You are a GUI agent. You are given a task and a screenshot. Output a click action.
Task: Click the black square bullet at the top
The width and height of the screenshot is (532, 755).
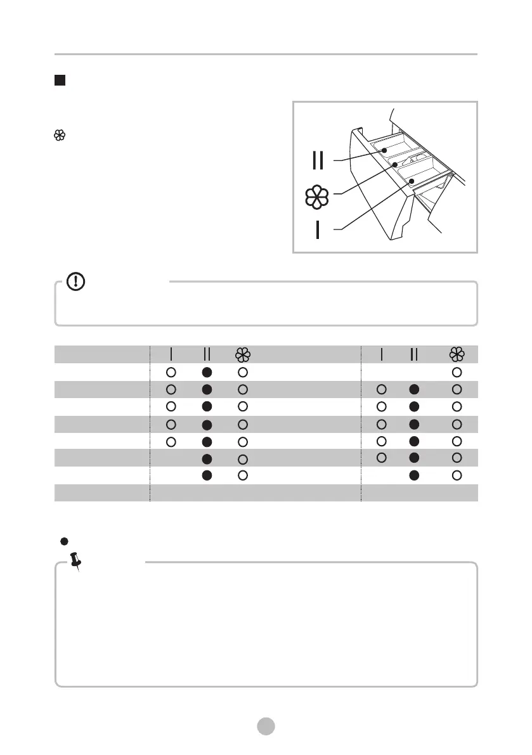[x=60, y=81]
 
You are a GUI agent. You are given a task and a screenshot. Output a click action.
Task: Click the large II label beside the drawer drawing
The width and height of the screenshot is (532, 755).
[x=318, y=160]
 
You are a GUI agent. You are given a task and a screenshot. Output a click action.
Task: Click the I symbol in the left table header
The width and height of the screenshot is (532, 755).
[x=171, y=354]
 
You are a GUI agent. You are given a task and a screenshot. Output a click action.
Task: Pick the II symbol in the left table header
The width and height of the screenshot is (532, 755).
[x=207, y=354]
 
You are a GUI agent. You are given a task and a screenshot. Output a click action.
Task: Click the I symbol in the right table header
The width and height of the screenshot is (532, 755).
[x=382, y=354]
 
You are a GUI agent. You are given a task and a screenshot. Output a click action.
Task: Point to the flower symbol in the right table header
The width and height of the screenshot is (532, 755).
[x=456, y=354]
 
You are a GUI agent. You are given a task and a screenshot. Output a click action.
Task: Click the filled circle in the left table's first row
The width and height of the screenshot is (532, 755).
[x=207, y=371]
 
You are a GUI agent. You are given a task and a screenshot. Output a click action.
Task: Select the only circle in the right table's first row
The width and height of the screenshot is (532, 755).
[x=457, y=371]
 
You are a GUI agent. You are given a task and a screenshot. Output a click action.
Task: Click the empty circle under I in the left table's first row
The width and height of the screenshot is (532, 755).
[x=171, y=371]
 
